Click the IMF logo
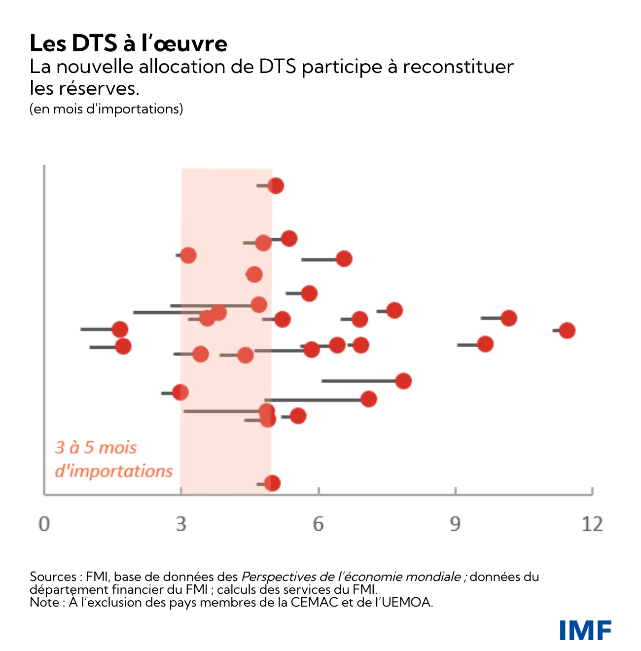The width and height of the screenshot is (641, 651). click(585, 630)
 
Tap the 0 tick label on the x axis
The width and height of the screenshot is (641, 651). click(44, 524)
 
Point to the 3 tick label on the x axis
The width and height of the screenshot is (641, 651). click(181, 524)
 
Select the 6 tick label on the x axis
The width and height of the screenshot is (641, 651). click(319, 524)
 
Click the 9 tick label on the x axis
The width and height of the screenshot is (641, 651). click(455, 524)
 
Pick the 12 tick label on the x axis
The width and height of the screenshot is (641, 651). click(592, 524)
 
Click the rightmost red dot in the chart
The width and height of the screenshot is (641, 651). click(567, 330)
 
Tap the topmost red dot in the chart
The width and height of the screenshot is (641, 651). click(276, 186)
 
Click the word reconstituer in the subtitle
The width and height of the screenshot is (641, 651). click(458, 67)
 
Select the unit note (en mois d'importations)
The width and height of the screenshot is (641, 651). click(106, 108)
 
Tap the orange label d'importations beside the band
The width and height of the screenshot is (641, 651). click(113, 471)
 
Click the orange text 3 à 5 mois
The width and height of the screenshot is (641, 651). click(96, 447)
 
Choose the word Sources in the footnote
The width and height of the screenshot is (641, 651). click(52, 577)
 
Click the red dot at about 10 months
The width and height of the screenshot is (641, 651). click(508, 318)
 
